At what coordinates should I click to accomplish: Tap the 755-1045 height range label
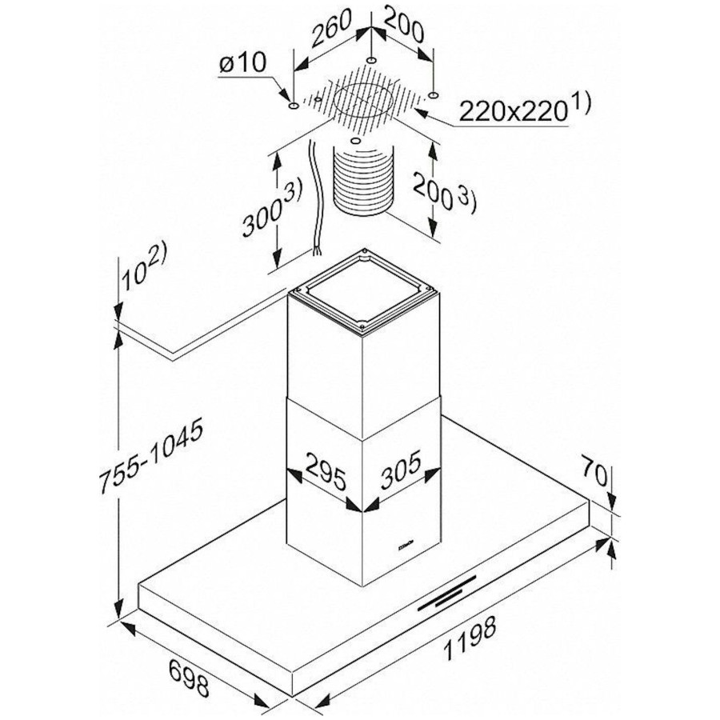point(151,456)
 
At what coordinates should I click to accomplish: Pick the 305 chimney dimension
point(401,470)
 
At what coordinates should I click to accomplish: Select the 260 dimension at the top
point(331,27)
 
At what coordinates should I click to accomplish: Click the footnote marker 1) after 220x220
point(581,104)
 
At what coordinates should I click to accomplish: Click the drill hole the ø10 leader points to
point(294,106)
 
